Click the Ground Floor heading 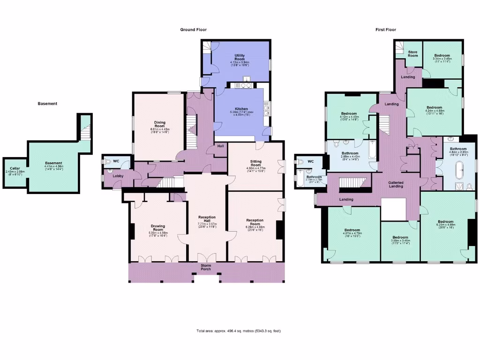[x=193, y=30]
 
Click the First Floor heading [x=385, y=30]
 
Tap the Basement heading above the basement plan [x=47, y=104]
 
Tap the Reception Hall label [x=207, y=219]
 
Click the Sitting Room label [x=255, y=163]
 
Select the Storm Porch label [x=206, y=267]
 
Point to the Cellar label [x=15, y=169]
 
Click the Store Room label [x=412, y=53]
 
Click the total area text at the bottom [x=239, y=331]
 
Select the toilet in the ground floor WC [x=108, y=161]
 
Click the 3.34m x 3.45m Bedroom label [x=441, y=56]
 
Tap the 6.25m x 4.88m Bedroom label [x=445, y=222]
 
